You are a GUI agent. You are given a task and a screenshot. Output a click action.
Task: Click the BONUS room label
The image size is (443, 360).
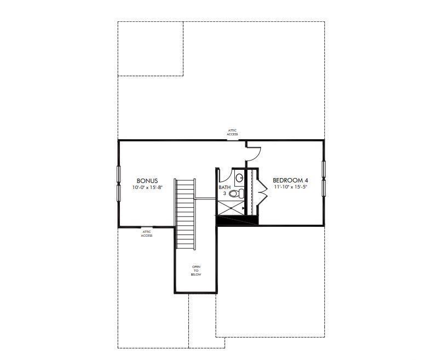coord(147,181)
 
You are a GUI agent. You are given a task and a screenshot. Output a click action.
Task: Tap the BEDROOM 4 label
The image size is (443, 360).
coord(290,180)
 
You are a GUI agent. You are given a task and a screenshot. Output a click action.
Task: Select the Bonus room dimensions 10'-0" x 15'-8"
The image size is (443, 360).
coord(147,187)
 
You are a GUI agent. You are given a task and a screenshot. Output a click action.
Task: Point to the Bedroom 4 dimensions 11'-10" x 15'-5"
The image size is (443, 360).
coord(290,187)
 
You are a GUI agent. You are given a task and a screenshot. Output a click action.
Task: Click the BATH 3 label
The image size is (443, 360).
coord(225,190)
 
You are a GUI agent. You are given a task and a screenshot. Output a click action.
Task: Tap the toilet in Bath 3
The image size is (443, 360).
coord(237,194)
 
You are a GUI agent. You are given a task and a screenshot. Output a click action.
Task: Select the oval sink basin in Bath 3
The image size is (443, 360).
coord(239,178)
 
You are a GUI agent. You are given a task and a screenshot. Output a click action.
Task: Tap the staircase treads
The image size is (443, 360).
coord(185,214)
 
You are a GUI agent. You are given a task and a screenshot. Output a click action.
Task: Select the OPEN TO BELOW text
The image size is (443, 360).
coord(196,271)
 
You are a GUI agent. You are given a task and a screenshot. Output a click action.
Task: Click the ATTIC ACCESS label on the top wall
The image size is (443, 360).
coord(233,133)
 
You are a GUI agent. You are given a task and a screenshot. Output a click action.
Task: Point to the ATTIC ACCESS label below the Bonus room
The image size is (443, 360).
coord(147,233)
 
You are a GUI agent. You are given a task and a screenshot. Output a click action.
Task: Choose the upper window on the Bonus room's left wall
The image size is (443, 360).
coord(119,175)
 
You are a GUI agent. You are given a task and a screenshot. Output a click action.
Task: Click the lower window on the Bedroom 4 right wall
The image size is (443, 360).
coord(324,187)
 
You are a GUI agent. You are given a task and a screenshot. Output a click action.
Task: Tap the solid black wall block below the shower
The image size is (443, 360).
coord(237,220)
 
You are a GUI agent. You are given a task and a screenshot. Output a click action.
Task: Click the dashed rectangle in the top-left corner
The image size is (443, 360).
coord(150,49)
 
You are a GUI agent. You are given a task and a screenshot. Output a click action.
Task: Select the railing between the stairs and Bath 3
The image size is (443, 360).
coord(205,198)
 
